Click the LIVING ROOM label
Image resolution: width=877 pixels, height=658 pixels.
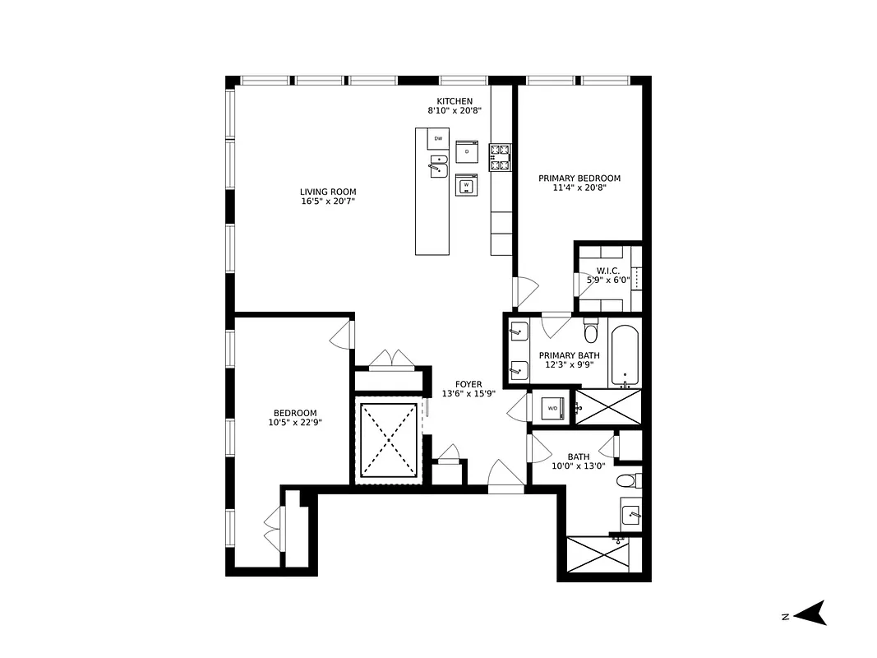328,192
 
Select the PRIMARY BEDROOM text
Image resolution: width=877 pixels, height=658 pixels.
579,178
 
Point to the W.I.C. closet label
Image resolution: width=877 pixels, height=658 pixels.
607,271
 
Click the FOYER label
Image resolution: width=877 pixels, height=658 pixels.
469,384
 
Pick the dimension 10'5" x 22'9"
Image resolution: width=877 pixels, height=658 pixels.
294,424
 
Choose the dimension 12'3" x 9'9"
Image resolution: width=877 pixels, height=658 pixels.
569,365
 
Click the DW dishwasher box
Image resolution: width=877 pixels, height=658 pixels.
438,139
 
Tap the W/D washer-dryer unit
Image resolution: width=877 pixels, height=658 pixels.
552,409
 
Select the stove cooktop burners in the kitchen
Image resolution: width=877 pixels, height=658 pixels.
500,157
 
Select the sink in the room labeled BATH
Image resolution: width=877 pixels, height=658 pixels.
630,515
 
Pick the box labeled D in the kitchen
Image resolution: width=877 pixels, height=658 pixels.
467,151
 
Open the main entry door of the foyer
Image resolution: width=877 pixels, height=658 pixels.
505,479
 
